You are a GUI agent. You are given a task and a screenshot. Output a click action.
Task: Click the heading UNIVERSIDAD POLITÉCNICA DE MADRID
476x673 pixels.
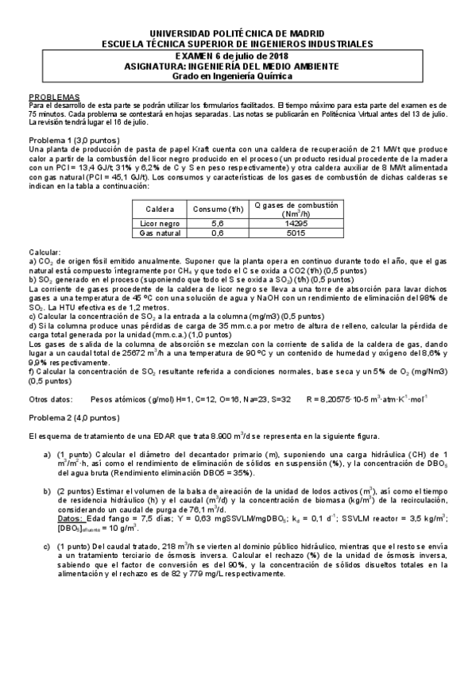[238, 34]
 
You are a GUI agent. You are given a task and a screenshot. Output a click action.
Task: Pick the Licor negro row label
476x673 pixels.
[160, 225]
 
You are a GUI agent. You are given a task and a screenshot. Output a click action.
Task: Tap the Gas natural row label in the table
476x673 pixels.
[160, 234]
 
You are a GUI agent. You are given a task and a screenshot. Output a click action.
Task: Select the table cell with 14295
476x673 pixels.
[296, 225]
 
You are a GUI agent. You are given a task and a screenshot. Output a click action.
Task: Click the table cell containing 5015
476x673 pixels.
[296, 234]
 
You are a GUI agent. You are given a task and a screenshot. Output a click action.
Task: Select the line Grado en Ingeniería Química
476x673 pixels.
[238, 76]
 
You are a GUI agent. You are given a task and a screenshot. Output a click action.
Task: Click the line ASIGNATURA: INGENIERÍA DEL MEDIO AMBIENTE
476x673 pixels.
[238, 67]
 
